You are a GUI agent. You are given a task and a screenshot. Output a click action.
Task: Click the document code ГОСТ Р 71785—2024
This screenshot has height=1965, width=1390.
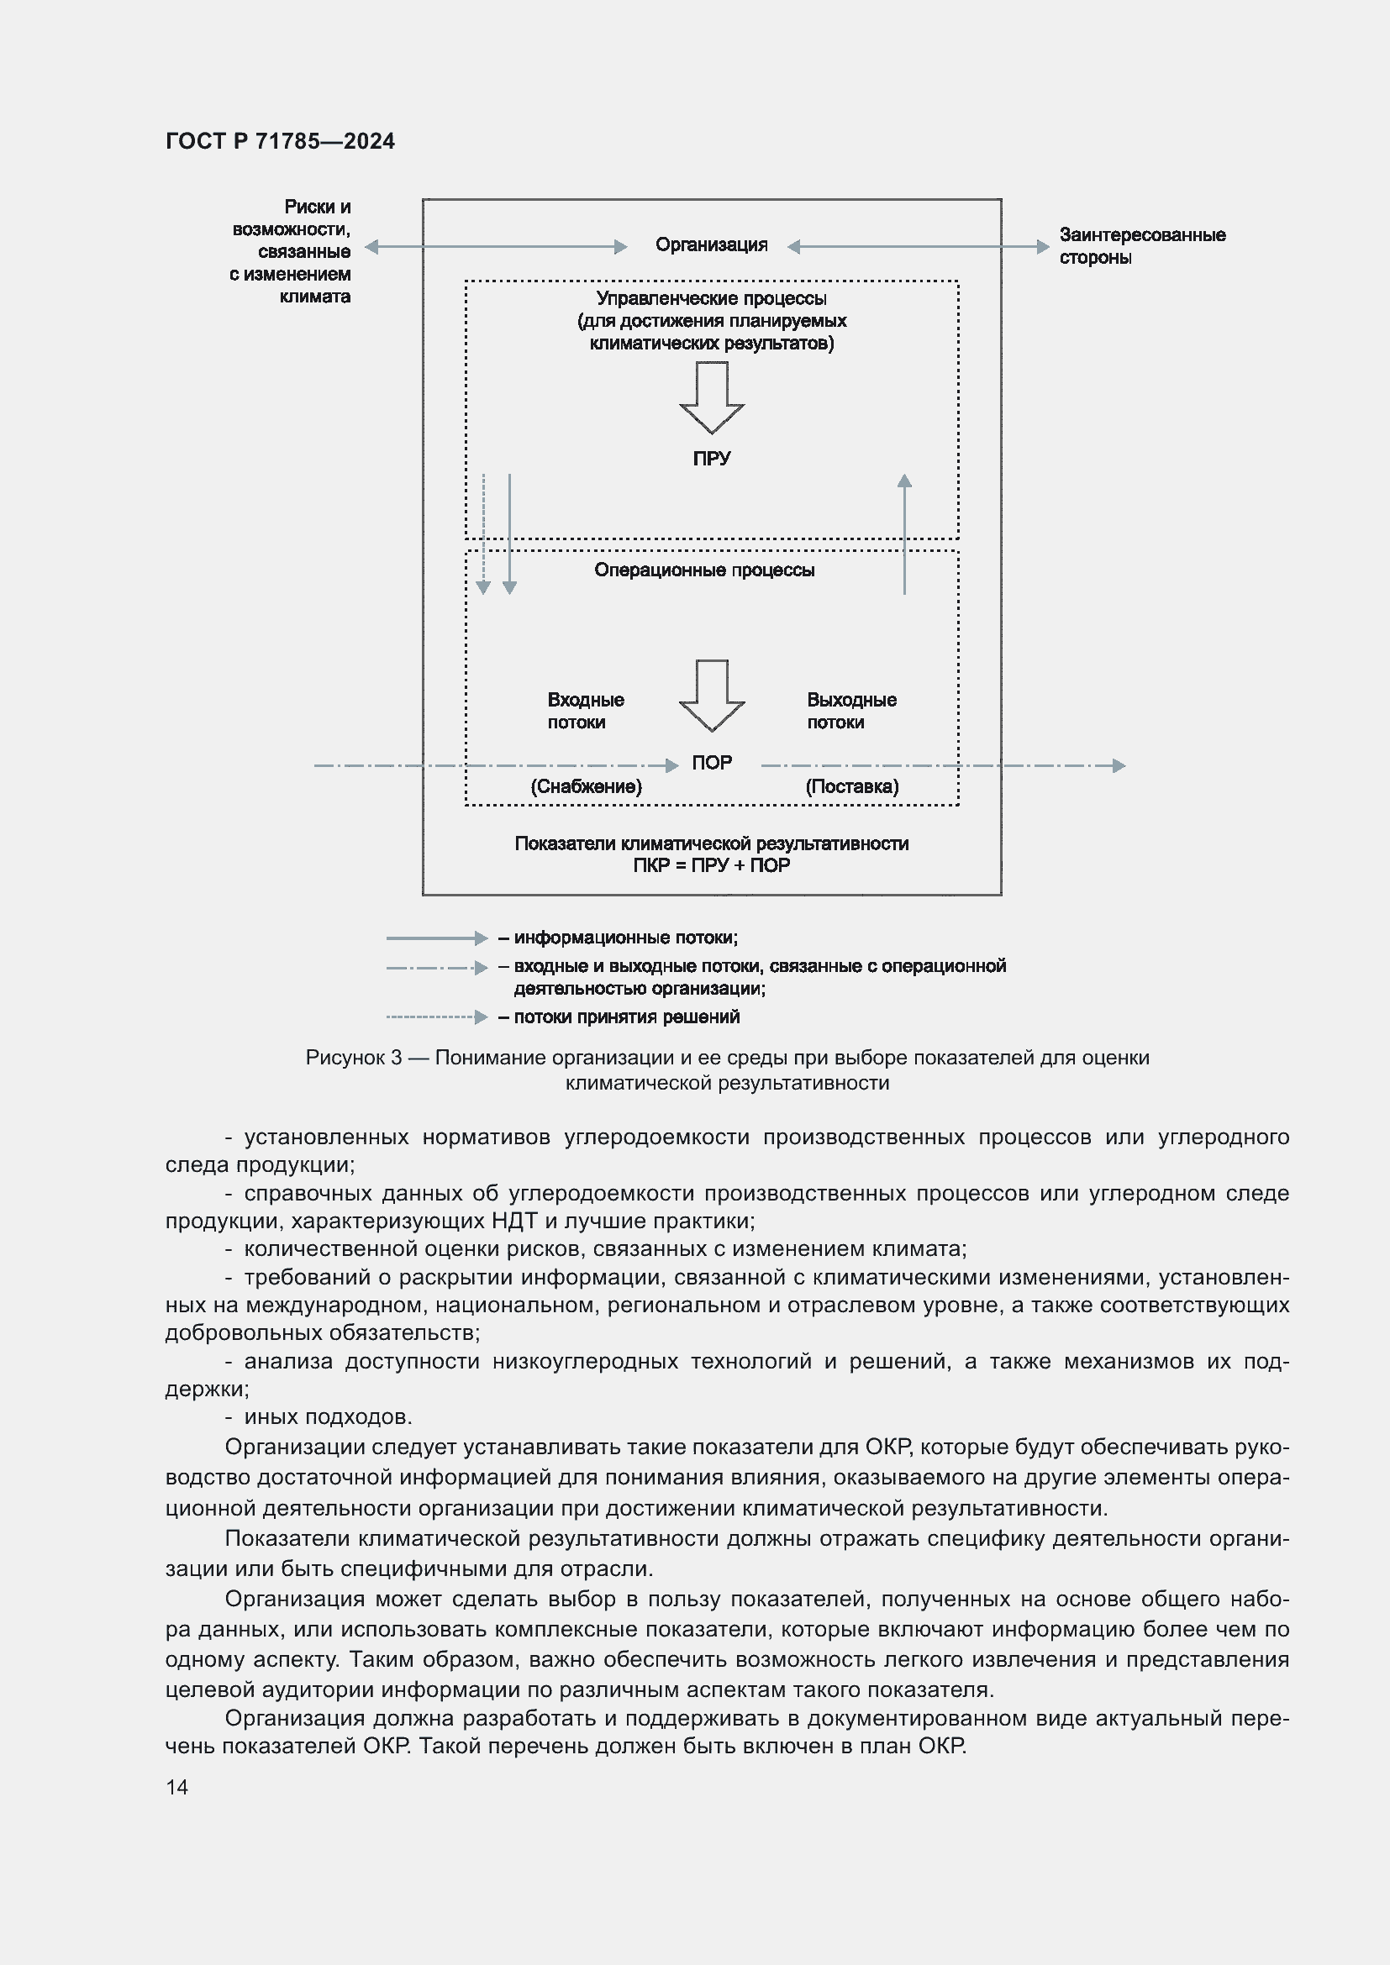[280, 141]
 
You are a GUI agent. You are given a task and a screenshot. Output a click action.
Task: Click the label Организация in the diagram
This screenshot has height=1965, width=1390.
[710, 245]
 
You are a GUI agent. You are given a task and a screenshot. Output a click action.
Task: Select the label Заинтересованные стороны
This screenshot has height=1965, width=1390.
[1141, 246]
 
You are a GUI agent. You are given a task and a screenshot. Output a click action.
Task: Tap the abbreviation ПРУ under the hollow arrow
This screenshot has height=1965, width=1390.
[711, 459]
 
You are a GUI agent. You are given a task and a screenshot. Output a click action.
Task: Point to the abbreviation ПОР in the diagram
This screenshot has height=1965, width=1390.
[711, 763]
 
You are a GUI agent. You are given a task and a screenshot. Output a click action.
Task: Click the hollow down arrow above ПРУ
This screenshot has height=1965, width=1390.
[711, 397]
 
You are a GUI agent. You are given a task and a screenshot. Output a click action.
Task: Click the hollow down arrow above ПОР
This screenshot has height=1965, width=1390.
[711, 695]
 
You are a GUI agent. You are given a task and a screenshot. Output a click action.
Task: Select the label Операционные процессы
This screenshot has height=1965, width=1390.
[703, 570]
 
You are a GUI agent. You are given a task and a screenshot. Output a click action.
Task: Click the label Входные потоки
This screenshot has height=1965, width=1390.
[586, 712]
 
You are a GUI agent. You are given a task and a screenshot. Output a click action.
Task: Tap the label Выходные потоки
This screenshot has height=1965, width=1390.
[850, 712]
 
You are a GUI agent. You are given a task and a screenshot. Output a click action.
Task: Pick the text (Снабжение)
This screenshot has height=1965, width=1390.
[586, 786]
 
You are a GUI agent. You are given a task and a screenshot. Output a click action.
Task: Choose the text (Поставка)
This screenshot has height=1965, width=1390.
[851, 786]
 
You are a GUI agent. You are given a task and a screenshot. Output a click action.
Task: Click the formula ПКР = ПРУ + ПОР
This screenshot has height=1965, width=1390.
[711, 865]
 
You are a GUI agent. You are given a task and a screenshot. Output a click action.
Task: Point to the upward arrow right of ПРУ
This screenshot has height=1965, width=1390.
[904, 534]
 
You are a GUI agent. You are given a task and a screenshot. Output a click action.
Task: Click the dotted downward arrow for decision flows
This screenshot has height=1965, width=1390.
[482, 534]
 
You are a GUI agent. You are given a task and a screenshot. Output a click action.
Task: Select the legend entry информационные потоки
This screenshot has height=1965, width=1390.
[624, 938]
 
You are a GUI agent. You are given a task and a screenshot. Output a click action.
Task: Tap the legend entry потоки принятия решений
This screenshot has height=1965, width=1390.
[626, 1017]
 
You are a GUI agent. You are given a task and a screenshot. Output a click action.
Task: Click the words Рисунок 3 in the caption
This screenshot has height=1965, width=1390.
[354, 1058]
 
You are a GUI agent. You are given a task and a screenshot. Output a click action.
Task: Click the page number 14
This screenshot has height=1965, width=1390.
[177, 1787]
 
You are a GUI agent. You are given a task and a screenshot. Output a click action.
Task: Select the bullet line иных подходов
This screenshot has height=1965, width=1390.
[328, 1416]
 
